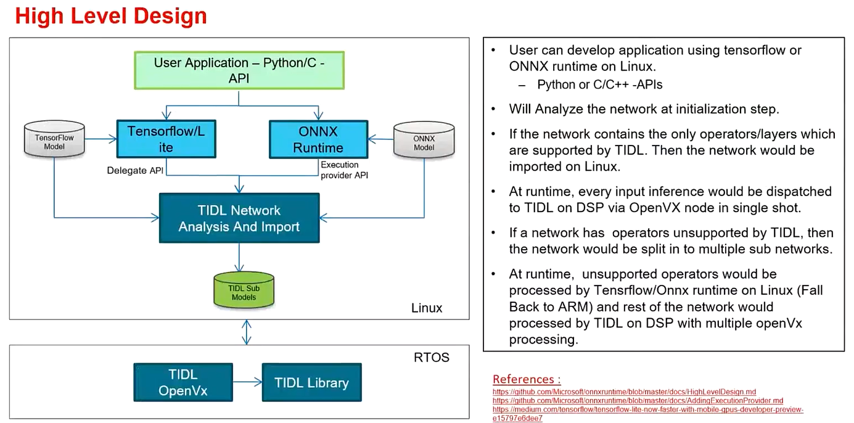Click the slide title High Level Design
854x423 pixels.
pos(111,16)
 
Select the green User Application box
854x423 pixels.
pos(239,70)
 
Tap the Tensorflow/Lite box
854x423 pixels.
pos(166,139)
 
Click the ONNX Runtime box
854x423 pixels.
pos(318,139)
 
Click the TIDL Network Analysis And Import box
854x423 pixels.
pos(239,218)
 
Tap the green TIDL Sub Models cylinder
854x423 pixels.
pos(244,292)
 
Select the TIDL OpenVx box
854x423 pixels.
pos(183,382)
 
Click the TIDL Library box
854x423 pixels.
pos(311,382)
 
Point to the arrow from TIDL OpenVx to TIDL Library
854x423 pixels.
pos(247,382)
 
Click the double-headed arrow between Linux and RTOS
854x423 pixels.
pos(247,332)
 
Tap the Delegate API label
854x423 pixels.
pos(135,171)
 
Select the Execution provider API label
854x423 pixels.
pos(344,170)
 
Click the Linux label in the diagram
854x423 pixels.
pos(427,308)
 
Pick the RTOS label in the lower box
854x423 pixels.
pos(432,357)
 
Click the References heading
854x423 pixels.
pos(527,379)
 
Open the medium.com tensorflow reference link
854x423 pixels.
pos(647,409)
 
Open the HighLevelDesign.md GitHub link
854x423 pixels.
pos(624,392)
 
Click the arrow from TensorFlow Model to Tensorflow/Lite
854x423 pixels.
pos(101,139)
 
